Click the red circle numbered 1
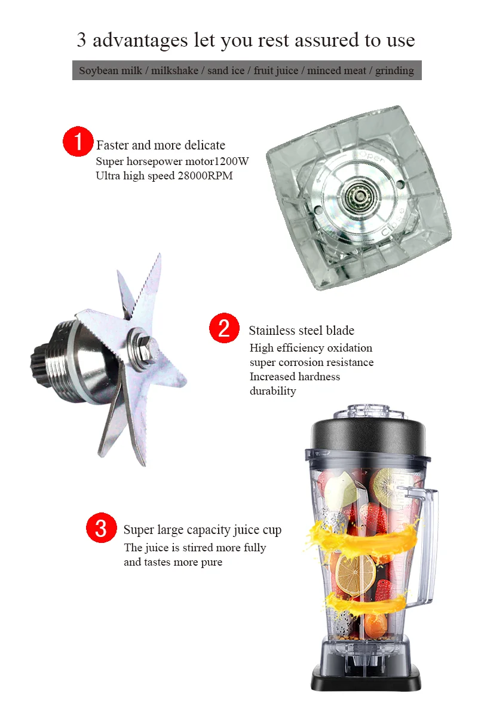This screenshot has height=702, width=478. [78, 142]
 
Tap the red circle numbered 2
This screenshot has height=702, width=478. [224, 328]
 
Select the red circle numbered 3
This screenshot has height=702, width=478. [101, 528]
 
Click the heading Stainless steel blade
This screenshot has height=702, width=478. [301, 331]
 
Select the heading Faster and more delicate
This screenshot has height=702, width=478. [161, 145]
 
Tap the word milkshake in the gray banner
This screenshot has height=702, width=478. [174, 71]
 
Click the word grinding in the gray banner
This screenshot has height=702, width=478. [394, 71]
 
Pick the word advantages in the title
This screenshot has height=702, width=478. [140, 40]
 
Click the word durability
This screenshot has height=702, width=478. [272, 391]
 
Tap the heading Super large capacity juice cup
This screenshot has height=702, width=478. [202, 530]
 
